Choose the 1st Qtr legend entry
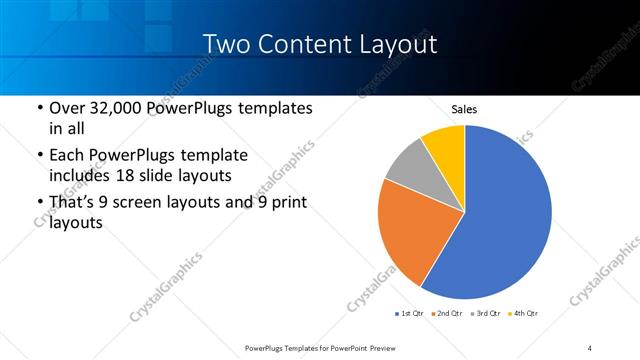click(410, 313)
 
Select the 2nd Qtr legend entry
click(447, 313)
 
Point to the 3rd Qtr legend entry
click(485, 313)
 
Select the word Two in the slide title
click(225, 45)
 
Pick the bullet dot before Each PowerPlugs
click(39, 157)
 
